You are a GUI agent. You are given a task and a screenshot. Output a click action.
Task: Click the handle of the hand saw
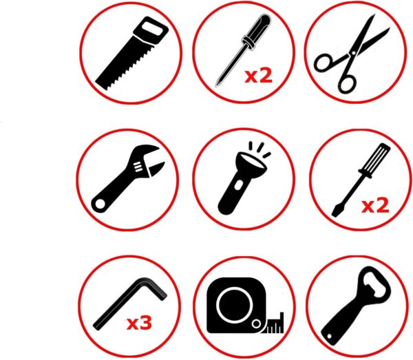point(151,30)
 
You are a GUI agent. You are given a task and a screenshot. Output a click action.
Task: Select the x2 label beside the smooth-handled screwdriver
point(258,76)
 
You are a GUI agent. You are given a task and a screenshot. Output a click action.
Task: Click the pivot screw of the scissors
point(354,53)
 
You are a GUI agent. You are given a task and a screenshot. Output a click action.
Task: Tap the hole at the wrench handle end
point(100,204)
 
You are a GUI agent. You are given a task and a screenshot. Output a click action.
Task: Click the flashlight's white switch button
point(238,185)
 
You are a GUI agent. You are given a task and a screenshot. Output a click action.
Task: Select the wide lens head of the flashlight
point(251,164)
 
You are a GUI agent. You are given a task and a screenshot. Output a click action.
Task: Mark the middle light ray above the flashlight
point(260,147)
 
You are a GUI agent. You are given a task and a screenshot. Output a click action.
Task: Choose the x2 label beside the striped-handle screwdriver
point(375,206)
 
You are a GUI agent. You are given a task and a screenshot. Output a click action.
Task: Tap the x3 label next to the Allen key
point(139,323)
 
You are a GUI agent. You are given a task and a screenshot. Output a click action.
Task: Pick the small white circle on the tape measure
point(256,324)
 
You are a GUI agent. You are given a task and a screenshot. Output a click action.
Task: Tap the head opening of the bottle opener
point(374,283)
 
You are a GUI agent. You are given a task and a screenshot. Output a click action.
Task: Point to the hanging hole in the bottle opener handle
point(329,337)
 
